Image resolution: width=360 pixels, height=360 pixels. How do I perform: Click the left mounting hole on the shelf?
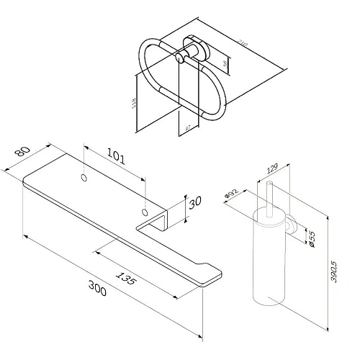point(84,177)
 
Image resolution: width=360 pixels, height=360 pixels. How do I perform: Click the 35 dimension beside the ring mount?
point(222,66)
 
